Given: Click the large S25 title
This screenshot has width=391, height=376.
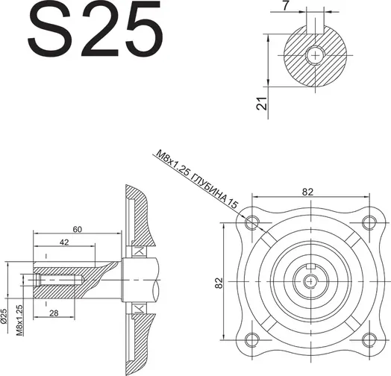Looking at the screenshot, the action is click(95, 28).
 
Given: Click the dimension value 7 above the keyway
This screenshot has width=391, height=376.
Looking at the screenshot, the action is click(286, 5).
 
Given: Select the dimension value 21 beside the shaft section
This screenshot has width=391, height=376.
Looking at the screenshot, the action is click(262, 103).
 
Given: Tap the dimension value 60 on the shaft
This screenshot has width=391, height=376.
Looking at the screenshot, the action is click(78, 229).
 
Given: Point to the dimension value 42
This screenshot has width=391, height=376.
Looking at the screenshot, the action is click(64, 242).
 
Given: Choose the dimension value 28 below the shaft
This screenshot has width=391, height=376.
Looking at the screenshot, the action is click(54, 313).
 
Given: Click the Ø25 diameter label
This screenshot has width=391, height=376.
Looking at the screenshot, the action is click(4, 316).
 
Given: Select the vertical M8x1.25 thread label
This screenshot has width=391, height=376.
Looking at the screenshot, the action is click(19, 320).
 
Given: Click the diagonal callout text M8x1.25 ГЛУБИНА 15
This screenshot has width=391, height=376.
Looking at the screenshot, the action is click(197, 180).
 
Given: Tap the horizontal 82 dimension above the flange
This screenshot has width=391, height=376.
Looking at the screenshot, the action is click(307, 192).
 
